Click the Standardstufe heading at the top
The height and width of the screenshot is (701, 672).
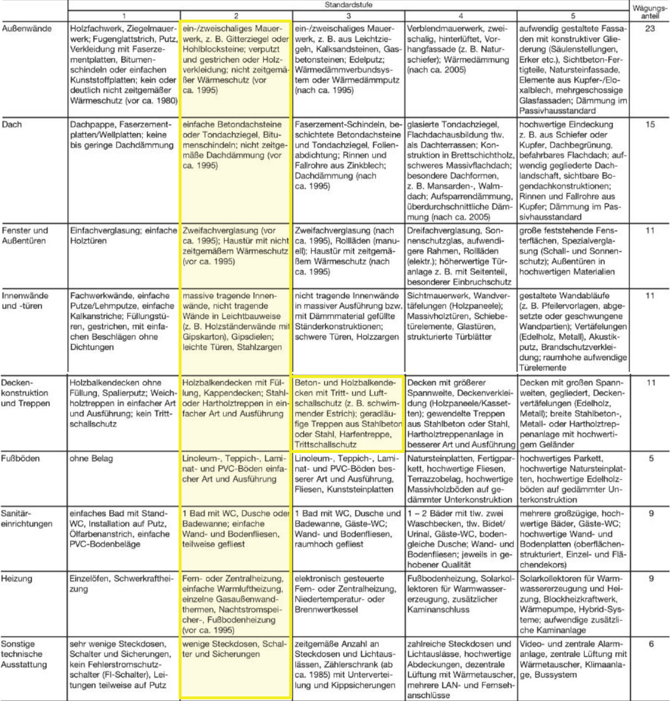348,5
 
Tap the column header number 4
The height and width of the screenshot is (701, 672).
461,16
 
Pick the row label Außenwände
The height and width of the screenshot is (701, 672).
27,29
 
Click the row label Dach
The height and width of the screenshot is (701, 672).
12,125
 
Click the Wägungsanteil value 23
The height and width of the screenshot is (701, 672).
650,29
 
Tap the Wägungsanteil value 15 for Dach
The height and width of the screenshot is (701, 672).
650,125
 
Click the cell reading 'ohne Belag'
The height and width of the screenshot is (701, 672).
91,459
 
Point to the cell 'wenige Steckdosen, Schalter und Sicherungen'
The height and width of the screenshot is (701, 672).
235,649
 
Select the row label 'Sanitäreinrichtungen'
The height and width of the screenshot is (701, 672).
27,519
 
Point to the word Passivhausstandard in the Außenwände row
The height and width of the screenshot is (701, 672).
558,111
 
